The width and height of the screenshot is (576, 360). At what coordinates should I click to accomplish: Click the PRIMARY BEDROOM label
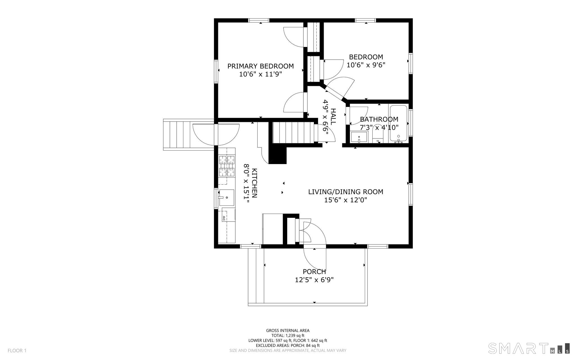click(260, 66)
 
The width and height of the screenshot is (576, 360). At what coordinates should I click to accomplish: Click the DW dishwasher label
click(224, 218)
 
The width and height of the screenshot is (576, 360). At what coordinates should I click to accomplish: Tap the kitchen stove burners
click(227, 166)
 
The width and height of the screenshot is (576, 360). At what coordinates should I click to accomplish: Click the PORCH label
click(314, 272)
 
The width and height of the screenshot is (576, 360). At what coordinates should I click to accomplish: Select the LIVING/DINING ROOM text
click(346, 192)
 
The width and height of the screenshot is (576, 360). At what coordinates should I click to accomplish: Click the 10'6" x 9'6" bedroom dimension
click(366, 65)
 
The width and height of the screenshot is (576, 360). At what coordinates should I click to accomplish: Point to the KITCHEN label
click(255, 183)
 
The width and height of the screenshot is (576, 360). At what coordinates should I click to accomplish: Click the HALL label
click(333, 117)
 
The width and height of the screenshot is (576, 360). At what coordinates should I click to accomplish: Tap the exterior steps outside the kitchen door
click(177, 135)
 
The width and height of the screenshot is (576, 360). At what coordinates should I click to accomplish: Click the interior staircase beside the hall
click(293, 132)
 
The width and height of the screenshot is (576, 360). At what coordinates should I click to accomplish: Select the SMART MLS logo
click(529, 348)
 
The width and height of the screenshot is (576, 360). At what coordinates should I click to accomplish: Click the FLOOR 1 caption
click(17, 351)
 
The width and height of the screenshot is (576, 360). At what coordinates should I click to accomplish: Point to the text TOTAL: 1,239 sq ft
click(288, 336)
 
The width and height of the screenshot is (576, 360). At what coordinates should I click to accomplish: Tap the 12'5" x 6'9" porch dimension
click(314, 280)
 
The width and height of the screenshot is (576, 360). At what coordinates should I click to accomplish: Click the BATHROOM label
click(379, 119)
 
